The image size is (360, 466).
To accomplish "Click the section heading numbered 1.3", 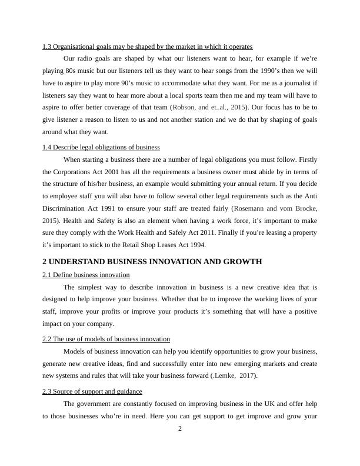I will pos(147,46).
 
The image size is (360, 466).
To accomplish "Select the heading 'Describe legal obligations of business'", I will pos(101,147).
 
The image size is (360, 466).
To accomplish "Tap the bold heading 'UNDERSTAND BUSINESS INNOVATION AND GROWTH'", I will pos(152,261).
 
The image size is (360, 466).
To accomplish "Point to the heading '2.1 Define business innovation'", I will pos(86,275).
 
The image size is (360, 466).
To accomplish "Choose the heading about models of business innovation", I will pos(106,339).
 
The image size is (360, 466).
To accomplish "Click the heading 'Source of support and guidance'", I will pos(92,391).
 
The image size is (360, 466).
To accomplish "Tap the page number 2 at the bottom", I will pos(180,428).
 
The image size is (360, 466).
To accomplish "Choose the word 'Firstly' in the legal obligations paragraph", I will pos(306,159).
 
